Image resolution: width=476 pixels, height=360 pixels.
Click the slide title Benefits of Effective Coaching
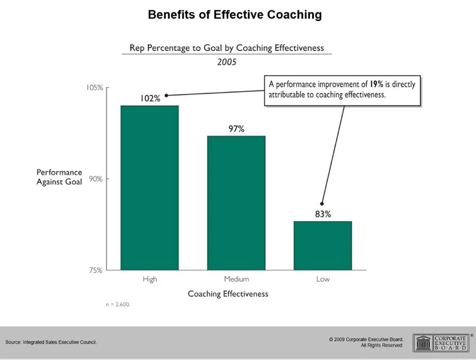(x=234, y=14)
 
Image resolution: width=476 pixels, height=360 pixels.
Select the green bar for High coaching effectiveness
(x=149, y=187)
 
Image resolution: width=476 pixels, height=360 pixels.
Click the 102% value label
(x=150, y=98)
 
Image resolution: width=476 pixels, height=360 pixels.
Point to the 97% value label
(x=236, y=129)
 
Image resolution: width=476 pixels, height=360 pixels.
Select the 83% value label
(x=323, y=214)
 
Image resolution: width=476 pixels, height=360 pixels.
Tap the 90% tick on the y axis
(x=95, y=179)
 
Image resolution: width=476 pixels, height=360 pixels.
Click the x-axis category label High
(x=150, y=279)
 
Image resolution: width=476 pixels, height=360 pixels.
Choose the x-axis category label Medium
(x=236, y=279)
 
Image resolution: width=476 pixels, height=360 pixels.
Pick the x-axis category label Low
(x=323, y=279)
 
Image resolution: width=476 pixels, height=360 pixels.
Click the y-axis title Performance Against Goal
(x=59, y=177)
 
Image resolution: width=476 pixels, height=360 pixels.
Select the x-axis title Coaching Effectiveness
(x=228, y=294)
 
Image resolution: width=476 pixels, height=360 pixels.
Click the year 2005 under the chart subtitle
(x=227, y=62)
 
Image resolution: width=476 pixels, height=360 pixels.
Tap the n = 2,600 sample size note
(x=118, y=304)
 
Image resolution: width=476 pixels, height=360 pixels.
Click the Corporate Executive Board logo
(x=441, y=342)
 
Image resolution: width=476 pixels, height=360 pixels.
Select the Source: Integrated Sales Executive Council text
(x=51, y=342)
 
